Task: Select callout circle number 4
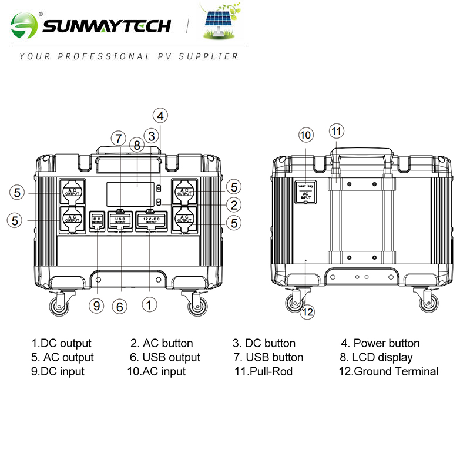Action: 160,115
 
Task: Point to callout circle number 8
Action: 136,145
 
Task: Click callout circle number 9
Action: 98,305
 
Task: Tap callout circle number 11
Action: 335,130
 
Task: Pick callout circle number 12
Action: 307,312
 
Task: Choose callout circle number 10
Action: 305,135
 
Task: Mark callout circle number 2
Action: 234,204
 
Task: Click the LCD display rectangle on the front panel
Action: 130,193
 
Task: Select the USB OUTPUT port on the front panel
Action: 120,220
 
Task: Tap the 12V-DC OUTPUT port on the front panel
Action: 149,220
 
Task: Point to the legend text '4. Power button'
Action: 380,343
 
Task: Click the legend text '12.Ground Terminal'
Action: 388,371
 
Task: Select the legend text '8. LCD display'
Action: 376,357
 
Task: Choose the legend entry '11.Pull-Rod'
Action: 263,371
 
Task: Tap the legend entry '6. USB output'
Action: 165,357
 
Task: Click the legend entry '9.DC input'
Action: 58,371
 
